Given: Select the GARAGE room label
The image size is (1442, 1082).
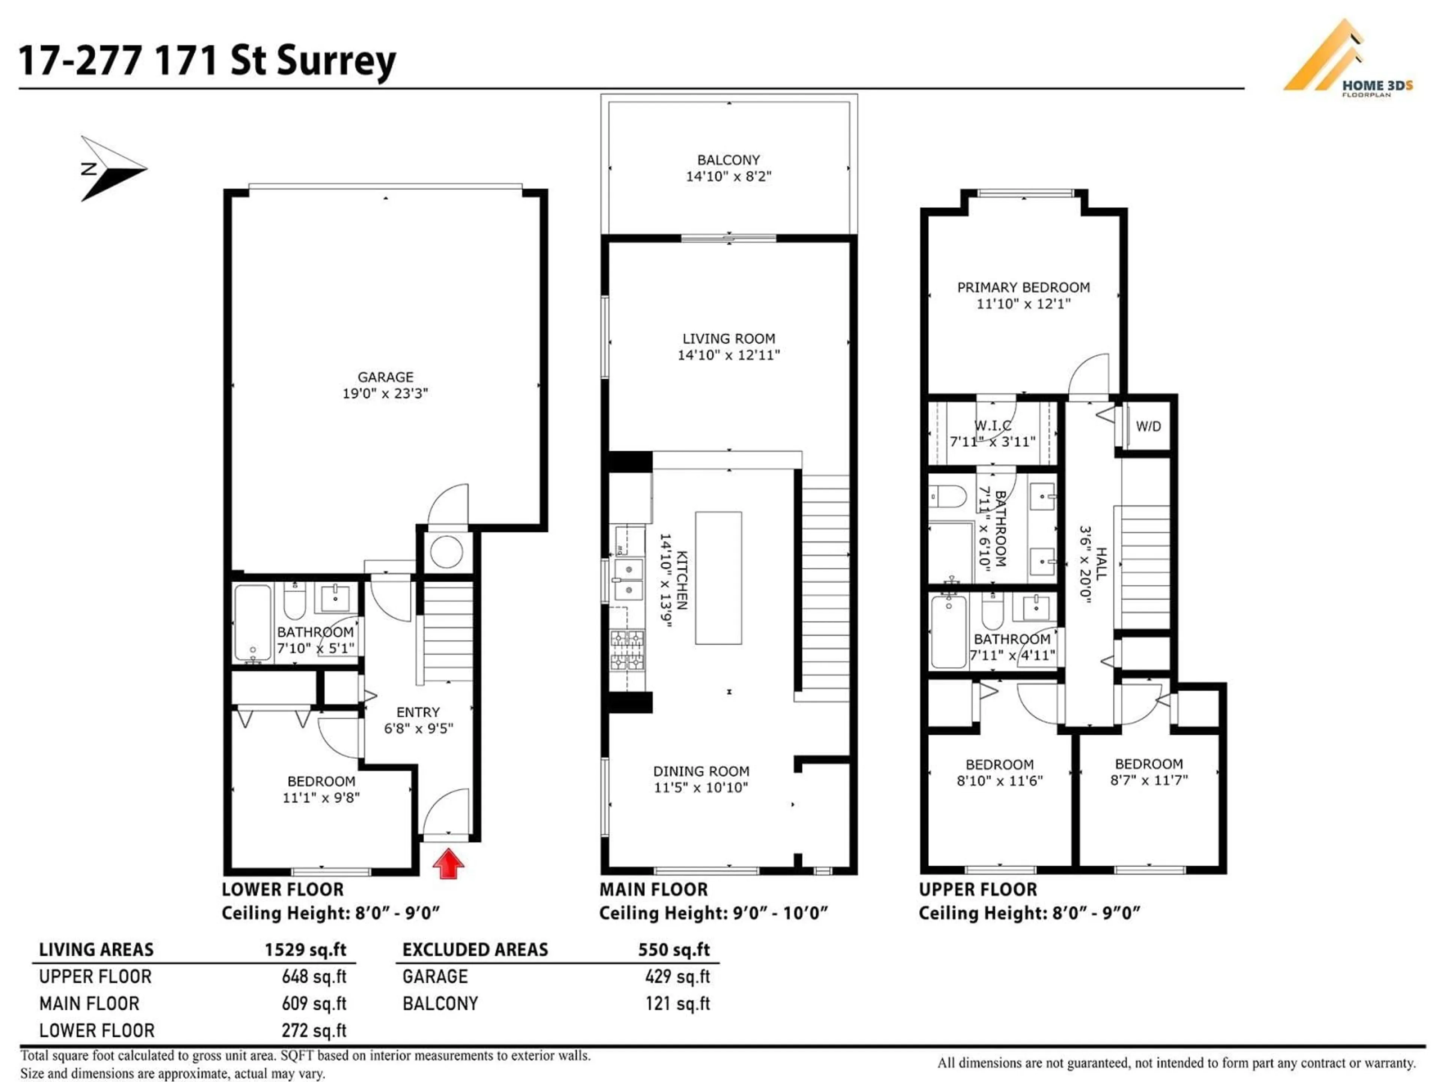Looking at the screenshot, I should [x=385, y=377].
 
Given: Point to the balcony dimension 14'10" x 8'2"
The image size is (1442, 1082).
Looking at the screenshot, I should [x=728, y=176].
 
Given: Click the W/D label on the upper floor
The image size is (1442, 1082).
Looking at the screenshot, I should [x=1148, y=426].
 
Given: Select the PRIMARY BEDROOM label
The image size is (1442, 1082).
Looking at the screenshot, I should [x=1023, y=287].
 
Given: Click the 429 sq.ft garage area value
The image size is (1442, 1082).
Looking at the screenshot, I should [x=677, y=976].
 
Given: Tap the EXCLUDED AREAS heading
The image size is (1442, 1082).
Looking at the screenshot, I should [x=475, y=950].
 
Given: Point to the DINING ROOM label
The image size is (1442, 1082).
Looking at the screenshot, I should [x=701, y=771].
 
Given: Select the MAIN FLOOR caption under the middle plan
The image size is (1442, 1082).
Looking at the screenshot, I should [x=653, y=890].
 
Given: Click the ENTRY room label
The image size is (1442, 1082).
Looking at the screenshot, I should [x=418, y=712].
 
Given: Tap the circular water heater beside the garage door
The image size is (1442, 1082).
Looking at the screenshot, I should [x=446, y=551].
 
